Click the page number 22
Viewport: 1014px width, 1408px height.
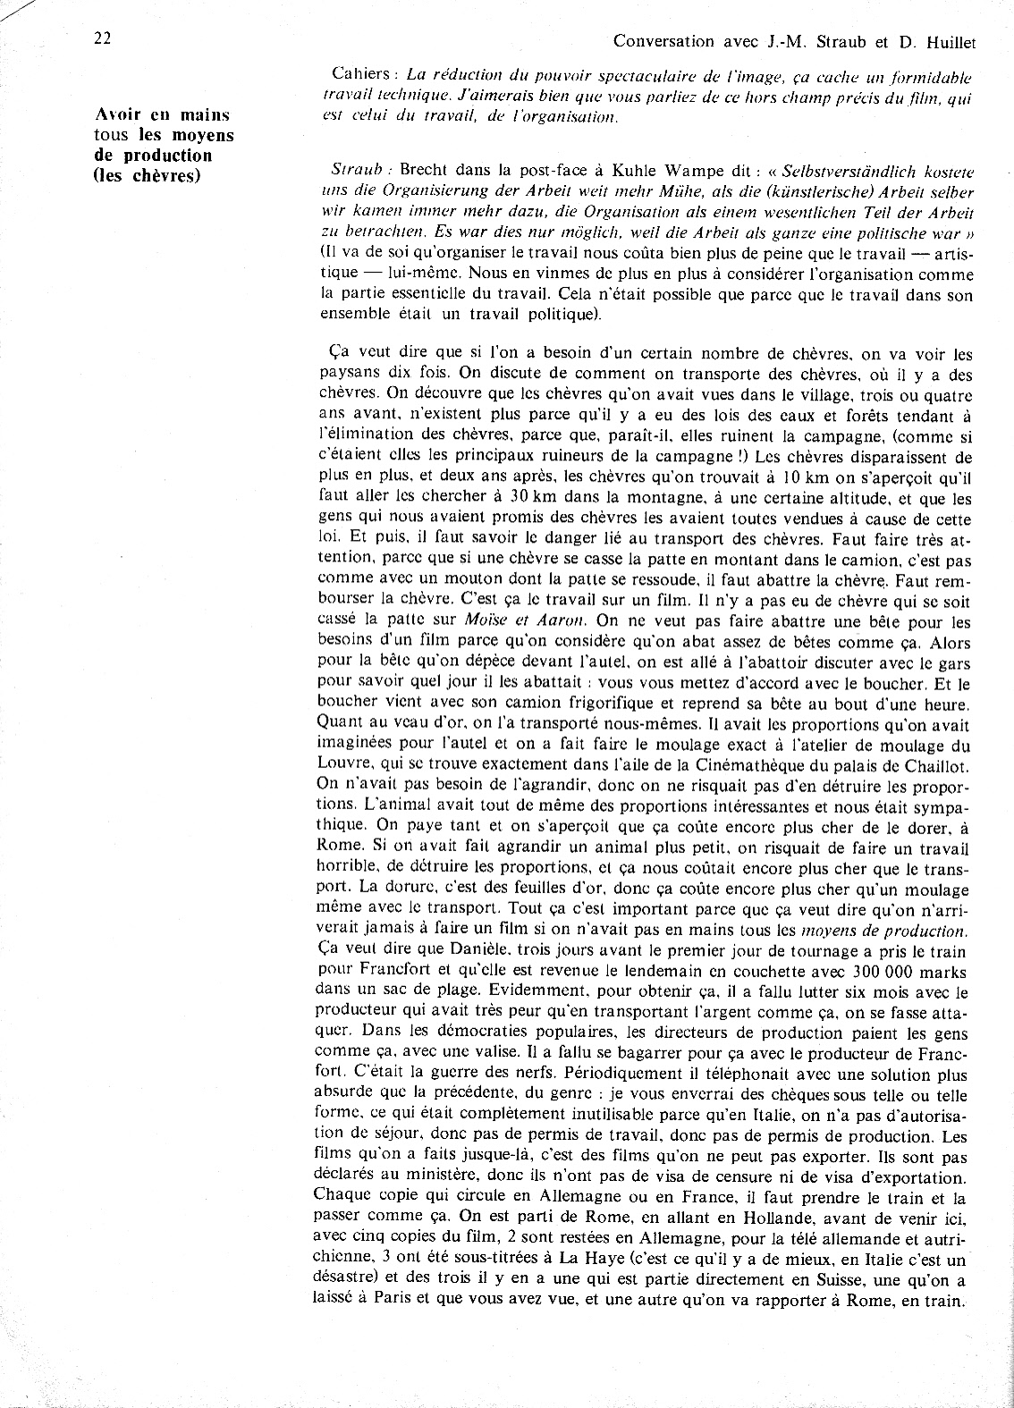(101, 38)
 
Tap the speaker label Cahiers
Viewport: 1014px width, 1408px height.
(356, 78)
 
